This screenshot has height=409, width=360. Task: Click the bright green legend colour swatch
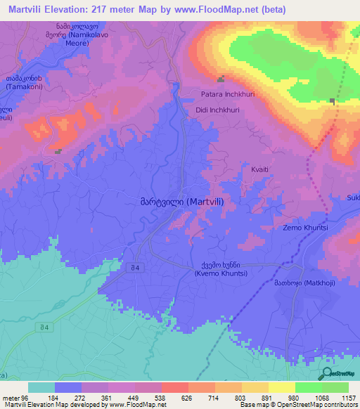[309, 387]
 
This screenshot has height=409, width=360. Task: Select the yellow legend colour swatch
[282, 387]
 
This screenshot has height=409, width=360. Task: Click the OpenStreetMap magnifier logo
[325, 374]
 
